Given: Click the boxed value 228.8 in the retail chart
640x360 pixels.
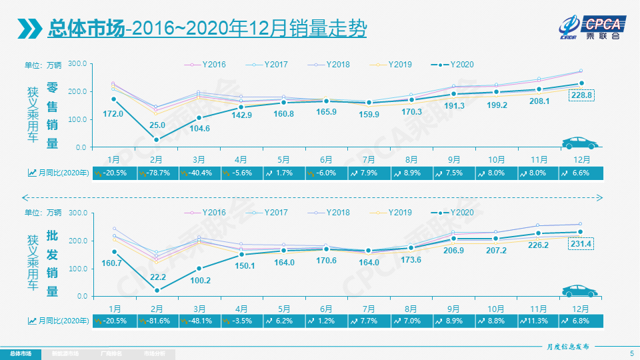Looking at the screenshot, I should [581, 95].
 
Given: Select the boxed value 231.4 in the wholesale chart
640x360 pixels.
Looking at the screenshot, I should [581, 244].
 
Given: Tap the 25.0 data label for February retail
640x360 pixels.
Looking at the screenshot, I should [157, 125].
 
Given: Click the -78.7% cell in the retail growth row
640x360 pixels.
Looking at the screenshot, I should [157, 173].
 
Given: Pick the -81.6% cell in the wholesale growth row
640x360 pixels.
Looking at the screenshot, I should [157, 321].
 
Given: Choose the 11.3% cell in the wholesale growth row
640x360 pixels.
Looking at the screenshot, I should [538, 321].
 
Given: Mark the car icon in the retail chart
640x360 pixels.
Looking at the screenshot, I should [579, 143].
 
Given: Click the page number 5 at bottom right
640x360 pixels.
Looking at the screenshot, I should [631, 353].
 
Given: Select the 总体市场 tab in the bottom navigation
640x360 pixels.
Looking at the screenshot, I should [20, 353].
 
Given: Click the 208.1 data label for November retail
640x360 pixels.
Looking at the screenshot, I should [539, 101].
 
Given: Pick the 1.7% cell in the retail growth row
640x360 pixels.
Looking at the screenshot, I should [284, 173].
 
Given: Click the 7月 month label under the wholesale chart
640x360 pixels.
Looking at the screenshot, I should [369, 309].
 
